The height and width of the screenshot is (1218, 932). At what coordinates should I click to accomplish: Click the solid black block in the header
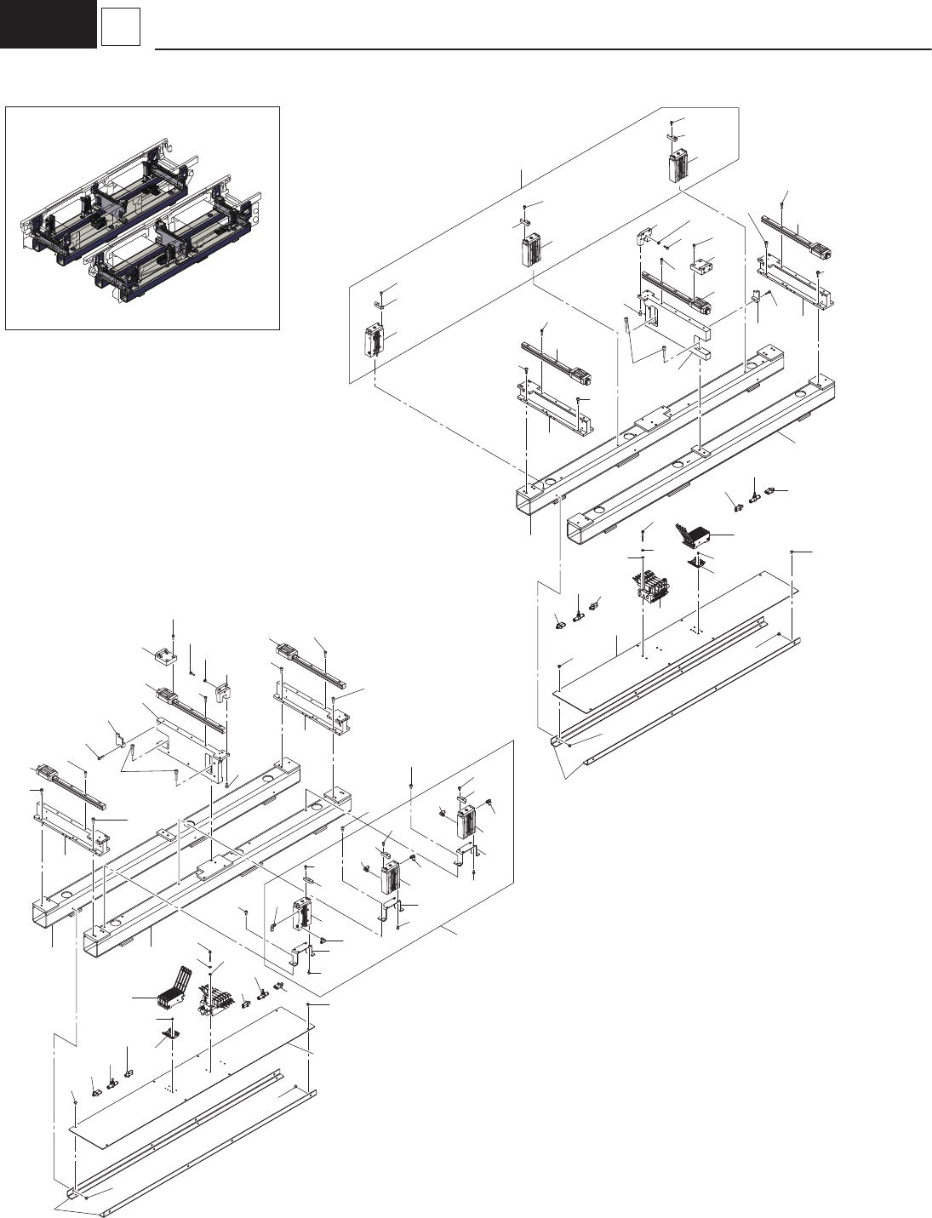tap(48, 24)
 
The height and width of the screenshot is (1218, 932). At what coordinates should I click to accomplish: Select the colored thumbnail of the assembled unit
tap(142, 218)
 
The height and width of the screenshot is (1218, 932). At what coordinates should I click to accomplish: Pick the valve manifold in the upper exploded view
tap(653, 587)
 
